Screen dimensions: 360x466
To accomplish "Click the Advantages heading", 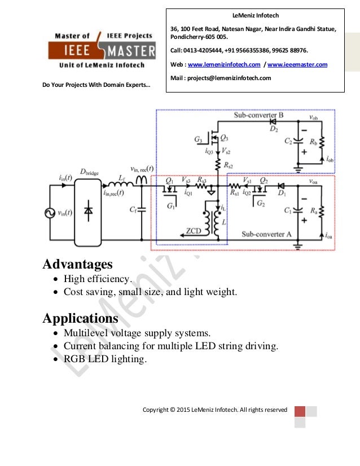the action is pos(78,263).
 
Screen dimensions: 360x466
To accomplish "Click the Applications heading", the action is pos(81,318).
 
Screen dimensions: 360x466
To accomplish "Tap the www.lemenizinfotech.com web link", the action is pos(223,65).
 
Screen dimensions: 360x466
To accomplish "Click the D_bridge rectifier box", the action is pos(88,209).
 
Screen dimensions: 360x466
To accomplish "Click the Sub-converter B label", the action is pos(258,115).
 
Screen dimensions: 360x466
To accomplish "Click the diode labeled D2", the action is pos(273,121).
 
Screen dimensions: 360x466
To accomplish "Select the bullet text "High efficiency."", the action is pos(97,279).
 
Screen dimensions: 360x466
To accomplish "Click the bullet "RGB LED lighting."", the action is pos(105,358).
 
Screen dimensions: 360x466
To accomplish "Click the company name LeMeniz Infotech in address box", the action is pos(256,16).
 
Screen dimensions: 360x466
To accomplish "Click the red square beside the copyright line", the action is pos(300,411).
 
